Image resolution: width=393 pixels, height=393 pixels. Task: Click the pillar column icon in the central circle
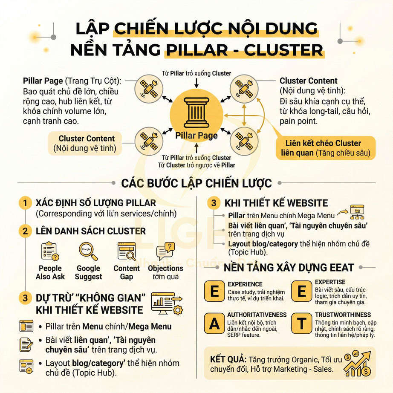(x=196, y=113)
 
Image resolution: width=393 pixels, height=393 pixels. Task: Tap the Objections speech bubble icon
(x=165, y=251)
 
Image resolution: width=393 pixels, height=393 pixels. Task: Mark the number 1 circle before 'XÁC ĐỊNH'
(x=26, y=203)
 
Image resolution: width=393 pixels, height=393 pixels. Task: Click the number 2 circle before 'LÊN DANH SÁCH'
(x=26, y=231)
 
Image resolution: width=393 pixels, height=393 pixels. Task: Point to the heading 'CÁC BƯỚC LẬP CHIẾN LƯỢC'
(x=196, y=183)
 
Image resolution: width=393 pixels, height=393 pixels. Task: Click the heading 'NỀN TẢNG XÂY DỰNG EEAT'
(x=289, y=267)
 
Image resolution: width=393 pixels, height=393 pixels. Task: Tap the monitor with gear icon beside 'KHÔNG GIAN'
(x=167, y=303)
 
